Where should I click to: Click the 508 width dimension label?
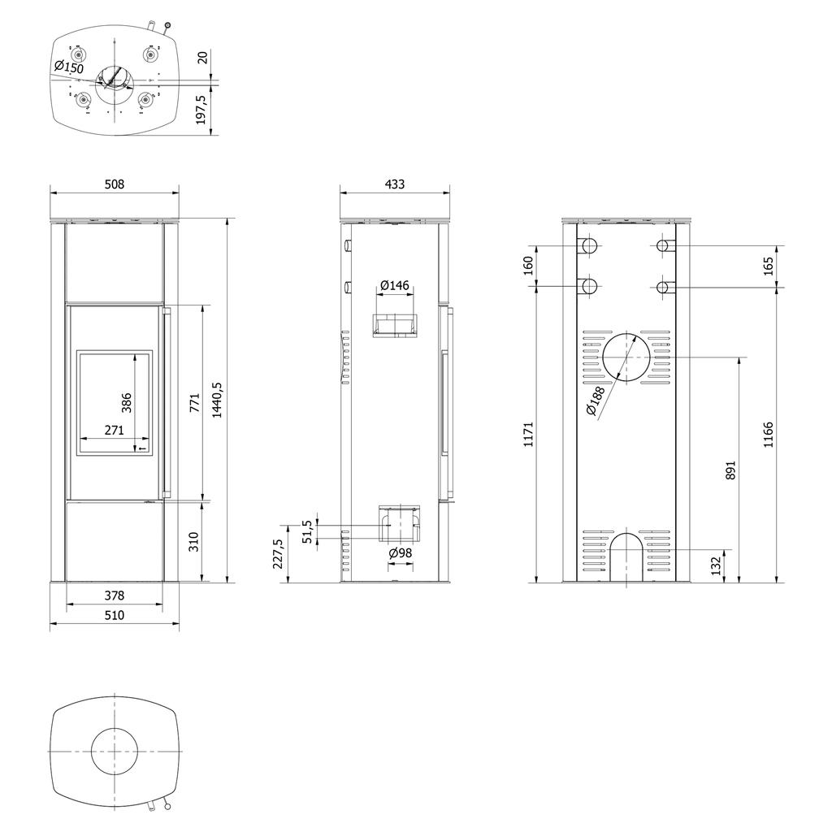[x=114, y=184]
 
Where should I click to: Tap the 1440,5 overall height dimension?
[x=217, y=400]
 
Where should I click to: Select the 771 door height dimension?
[x=195, y=403]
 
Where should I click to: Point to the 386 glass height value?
[x=126, y=403]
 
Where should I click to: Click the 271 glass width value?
[x=114, y=430]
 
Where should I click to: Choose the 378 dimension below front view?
[x=114, y=596]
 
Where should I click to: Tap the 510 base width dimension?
[x=114, y=615]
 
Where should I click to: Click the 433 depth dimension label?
[x=394, y=184]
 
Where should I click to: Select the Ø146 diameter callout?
[x=396, y=285]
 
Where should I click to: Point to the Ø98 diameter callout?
[x=401, y=552]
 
